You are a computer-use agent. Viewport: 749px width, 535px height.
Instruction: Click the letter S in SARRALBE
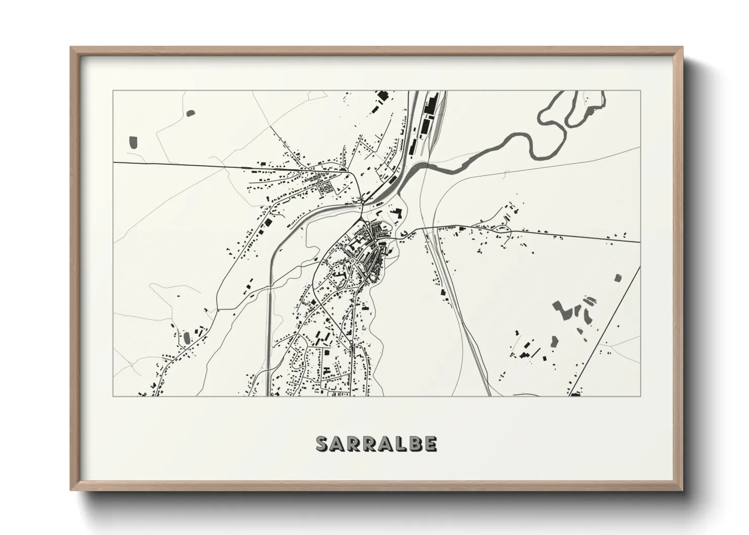coord(322,443)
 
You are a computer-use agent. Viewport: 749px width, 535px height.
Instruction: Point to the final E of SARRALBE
coord(430,443)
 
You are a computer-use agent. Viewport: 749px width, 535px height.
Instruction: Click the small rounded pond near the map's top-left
coord(191,113)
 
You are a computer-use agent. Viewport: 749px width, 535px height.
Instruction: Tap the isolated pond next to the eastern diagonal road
coord(617,277)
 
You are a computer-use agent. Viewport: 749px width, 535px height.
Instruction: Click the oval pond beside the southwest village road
coord(186,336)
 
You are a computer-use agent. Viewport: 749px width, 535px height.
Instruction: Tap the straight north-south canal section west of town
coord(268,329)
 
